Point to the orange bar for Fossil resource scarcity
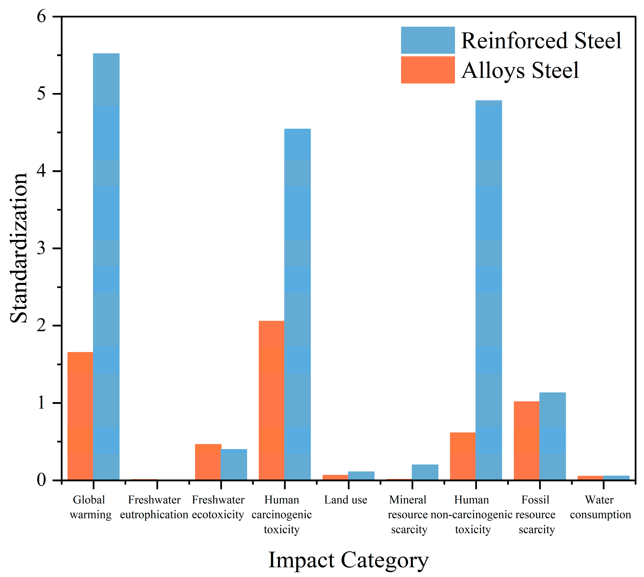pos(527,440)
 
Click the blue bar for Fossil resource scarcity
pos(552,436)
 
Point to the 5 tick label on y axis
pos(41,94)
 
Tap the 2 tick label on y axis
pos(41,326)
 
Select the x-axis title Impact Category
pos(349,560)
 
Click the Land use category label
pos(346,500)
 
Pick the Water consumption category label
pos(600,507)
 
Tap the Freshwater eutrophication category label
pos(154,507)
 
